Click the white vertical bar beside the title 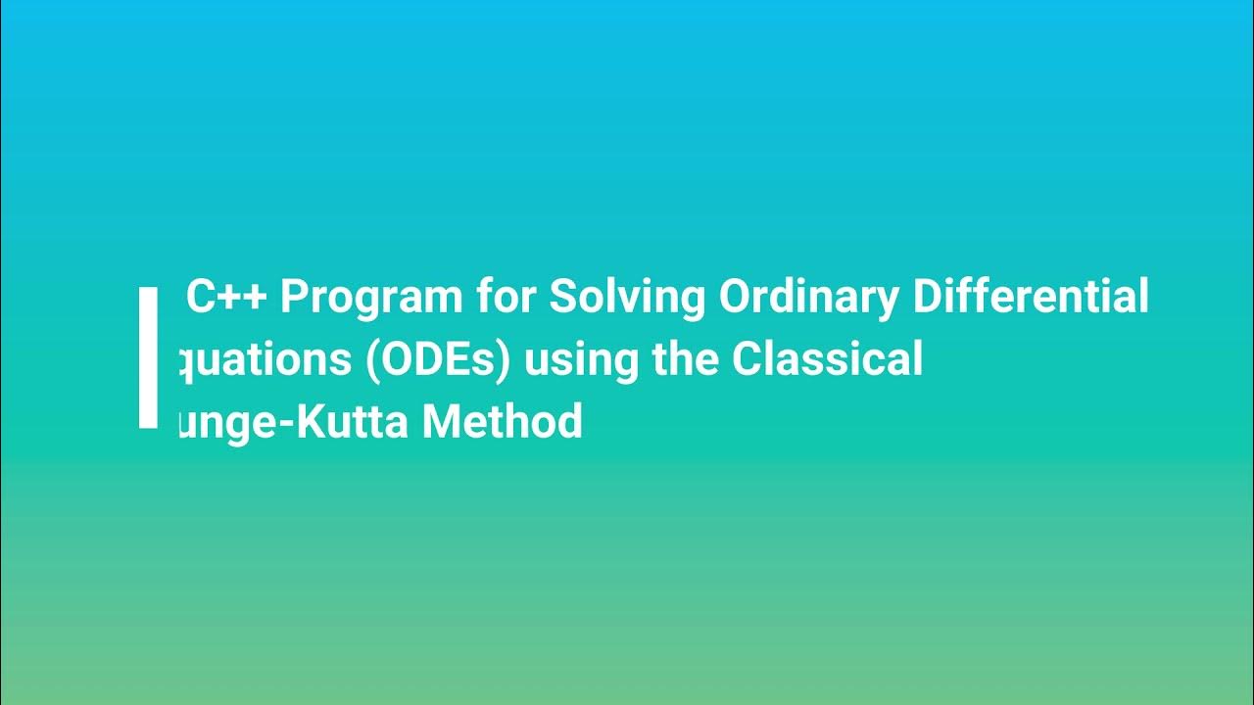tap(148, 357)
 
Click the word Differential tap(1031, 297)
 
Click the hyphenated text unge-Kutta tap(295, 423)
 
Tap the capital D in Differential tap(929, 297)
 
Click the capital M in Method tap(443, 422)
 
